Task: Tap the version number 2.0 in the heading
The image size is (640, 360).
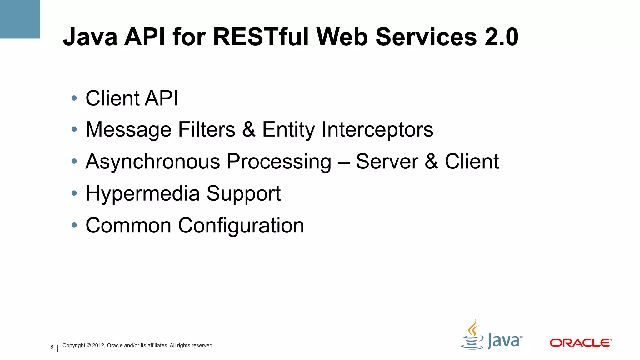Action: pyautogui.click(x=502, y=37)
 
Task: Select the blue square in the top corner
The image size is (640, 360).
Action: pyautogui.click(x=20, y=19)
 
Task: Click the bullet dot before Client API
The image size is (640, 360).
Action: pyautogui.click(x=74, y=98)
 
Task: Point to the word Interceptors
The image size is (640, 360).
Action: pyautogui.click(x=377, y=129)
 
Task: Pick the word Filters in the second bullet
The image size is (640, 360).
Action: pyautogui.click(x=207, y=129)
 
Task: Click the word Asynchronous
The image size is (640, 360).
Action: pyautogui.click(x=153, y=162)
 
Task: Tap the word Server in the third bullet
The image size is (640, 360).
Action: pyautogui.click(x=387, y=162)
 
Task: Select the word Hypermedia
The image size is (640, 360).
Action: pyautogui.click(x=142, y=193)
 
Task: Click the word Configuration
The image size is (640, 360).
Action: pyautogui.click(x=241, y=225)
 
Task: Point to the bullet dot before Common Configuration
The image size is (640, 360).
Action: pyautogui.click(x=74, y=225)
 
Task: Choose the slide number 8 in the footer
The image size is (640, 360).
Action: pyautogui.click(x=52, y=347)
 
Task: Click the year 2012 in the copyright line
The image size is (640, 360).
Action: pyautogui.click(x=98, y=345)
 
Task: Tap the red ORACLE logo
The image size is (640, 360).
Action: pyautogui.click(x=580, y=343)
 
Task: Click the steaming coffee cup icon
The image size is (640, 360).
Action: pyautogui.click(x=472, y=336)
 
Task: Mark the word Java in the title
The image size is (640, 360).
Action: pyautogui.click(x=90, y=37)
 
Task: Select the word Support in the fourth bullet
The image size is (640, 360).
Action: pyautogui.click(x=243, y=194)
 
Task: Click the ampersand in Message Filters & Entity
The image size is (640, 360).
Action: pyautogui.click(x=249, y=129)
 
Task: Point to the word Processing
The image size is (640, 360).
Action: pyautogui.click(x=279, y=162)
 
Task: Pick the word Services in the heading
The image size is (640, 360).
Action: pyautogui.click(x=426, y=37)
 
